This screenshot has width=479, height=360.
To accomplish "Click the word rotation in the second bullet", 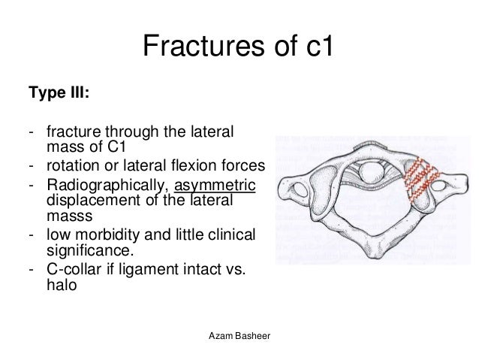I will [x=70, y=165].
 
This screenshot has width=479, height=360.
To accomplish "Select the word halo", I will [x=61, y=285].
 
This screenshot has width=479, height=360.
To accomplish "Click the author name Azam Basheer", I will [x=239, y=334].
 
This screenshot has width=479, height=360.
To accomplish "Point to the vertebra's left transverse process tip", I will [x=284, y=186].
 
